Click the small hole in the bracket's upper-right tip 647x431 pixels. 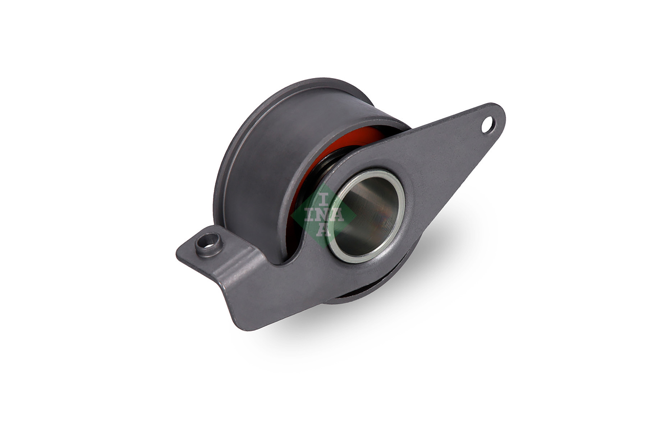tap(488, 125)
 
